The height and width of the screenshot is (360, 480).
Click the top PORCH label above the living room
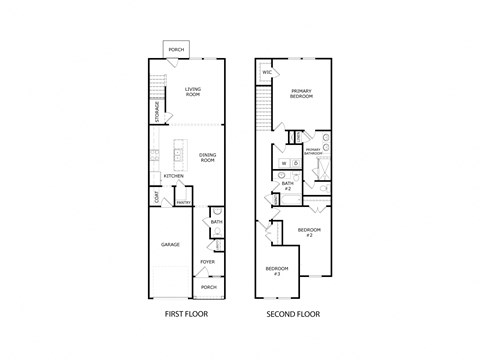(x=176, y=49)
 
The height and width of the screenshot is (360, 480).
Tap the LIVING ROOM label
(x=193, y=92)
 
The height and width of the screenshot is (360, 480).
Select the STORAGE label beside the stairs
(x=156, y=107)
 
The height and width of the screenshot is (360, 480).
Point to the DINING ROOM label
(x=207, y=156)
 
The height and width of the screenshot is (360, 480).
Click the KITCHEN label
(x=173, y=176)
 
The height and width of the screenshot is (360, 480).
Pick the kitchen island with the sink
(x=177, y=154)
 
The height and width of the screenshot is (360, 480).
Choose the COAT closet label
(x=156, y=197)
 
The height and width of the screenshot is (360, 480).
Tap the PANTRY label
(x=183, y=203)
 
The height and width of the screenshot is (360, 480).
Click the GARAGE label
(x=171, y=243)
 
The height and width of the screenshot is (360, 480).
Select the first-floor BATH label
(x=215, y=222)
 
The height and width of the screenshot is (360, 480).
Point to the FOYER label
(x=207, y=262)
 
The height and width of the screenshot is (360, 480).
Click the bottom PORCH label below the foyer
(x=208, y=287)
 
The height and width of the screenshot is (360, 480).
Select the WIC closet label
(x=267, y=73)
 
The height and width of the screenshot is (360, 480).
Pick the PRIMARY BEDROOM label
(x=301, y=93)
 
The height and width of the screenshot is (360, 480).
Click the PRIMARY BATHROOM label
(x=313, y=152)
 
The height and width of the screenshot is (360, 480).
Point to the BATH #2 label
(x=287, y=185)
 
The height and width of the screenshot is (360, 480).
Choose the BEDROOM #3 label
(x=277, y=270)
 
